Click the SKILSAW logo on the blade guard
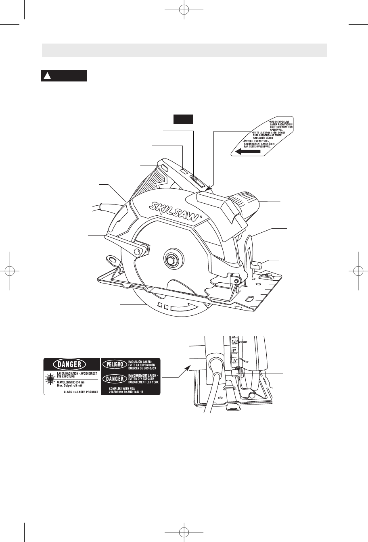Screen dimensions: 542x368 pyautogui.click(x=174, y=211)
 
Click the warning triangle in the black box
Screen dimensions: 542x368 pyautogui.click(x=47, y=76)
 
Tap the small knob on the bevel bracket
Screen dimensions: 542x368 pyautogui.click(x=257, y=265)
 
